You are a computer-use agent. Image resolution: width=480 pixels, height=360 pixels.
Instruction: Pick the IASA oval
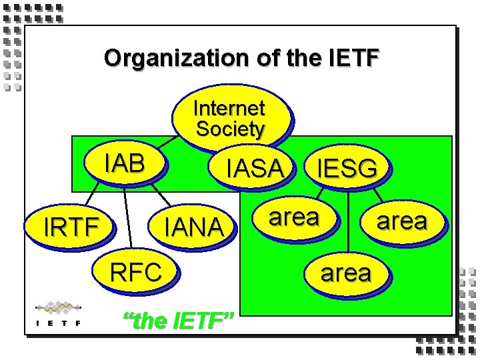254,169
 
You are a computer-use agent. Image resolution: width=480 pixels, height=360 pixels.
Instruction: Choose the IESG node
347,169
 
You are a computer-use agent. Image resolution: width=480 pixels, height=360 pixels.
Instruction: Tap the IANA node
194,227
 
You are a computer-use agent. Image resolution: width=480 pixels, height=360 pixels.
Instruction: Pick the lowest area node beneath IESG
345,273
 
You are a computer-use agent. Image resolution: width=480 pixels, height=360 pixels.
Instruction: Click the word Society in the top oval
230,129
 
